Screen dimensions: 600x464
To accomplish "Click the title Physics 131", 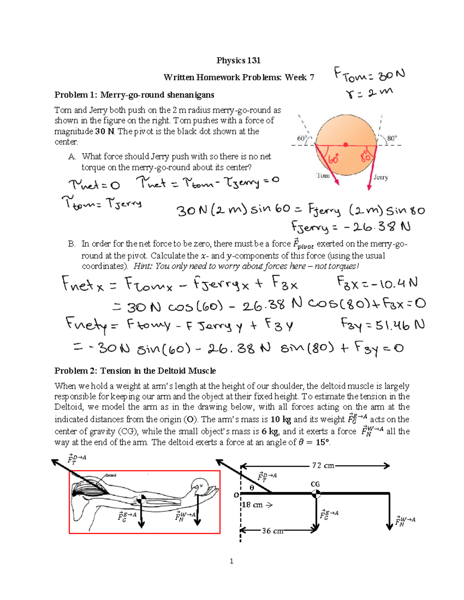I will point(238,60).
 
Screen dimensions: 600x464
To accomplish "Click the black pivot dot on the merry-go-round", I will point(346,145).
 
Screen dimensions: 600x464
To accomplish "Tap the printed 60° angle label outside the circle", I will point(302,138).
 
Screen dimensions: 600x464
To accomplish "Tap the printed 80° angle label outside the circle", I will point(392,138).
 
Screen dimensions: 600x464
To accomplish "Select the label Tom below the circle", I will point(323,176).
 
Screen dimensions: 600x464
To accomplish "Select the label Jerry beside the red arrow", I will point(380,177).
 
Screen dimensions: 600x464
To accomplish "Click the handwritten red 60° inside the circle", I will point(334,159).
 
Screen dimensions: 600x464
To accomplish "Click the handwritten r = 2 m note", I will point(369,93).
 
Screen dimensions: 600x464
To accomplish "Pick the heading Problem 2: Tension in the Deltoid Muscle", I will point(135,371).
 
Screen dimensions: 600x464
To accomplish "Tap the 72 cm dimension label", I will point(323,466).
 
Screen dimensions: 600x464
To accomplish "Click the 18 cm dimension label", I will point(252,505).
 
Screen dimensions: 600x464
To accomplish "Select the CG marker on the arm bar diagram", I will point(316,493).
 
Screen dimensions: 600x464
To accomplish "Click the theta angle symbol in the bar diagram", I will point(252,488).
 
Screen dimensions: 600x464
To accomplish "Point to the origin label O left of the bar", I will point(236,495).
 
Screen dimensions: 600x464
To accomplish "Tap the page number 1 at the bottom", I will point(231,561).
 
